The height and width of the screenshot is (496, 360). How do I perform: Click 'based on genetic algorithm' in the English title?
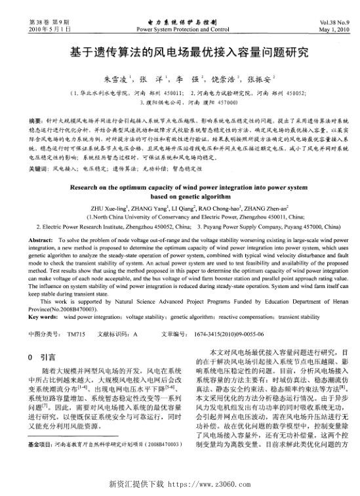179,199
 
